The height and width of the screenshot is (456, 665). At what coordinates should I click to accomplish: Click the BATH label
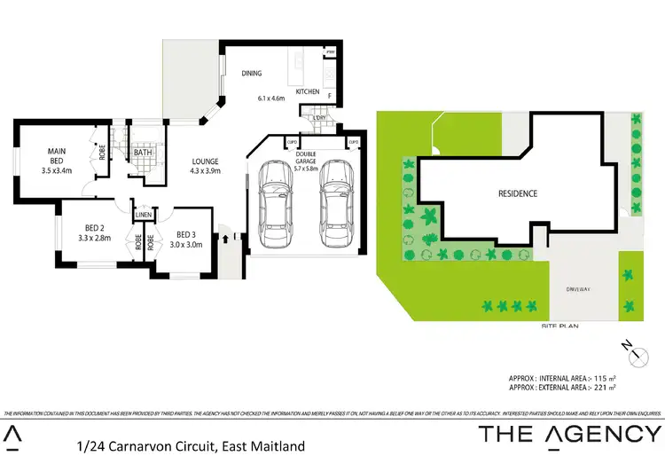[143, 153]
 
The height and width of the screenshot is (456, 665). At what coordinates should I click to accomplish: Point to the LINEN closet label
[144, 215]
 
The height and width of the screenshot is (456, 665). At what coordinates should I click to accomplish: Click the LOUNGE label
[205, 161]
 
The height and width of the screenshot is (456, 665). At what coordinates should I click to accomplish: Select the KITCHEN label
[307, 90]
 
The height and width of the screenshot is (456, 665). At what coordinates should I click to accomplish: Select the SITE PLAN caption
[559, 326]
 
